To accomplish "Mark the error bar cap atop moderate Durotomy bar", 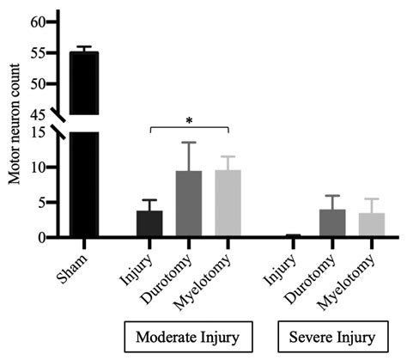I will click(189, 143).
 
